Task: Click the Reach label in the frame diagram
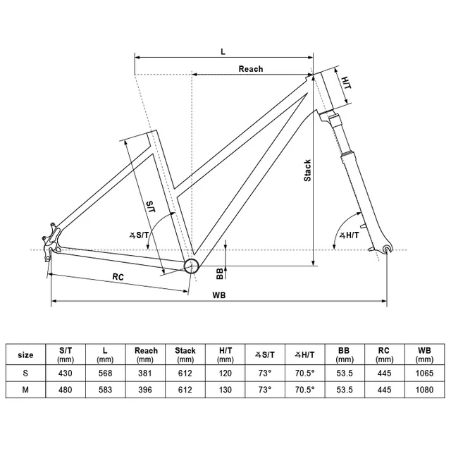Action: click(x=251, y=69)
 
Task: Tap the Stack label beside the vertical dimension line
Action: click(x=307, y=171)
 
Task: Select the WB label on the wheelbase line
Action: click(x=219, y=295)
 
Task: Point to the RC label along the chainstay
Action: click(x=118, y=277)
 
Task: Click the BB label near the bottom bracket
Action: click(x=220, y=273)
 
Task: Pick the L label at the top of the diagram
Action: click(x=223, y=51)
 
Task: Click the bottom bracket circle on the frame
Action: click(x=191, y=266)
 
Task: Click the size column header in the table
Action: click(x=25, y=355)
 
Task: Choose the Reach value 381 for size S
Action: click(x=145, y=373)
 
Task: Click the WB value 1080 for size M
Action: click(x=424, y=390)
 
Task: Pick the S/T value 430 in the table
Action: click(x=66, y=373)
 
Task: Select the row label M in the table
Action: click(x=25, y=390)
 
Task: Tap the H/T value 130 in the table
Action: click(x=225, y=390)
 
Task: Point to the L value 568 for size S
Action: click(x=105, y=373)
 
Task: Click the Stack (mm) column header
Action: click(x=185, y=354)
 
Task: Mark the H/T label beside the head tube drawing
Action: click(x=346, y=82)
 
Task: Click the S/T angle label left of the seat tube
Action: click(x=140, y=235)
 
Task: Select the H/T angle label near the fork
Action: click(x=350, y=235)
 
